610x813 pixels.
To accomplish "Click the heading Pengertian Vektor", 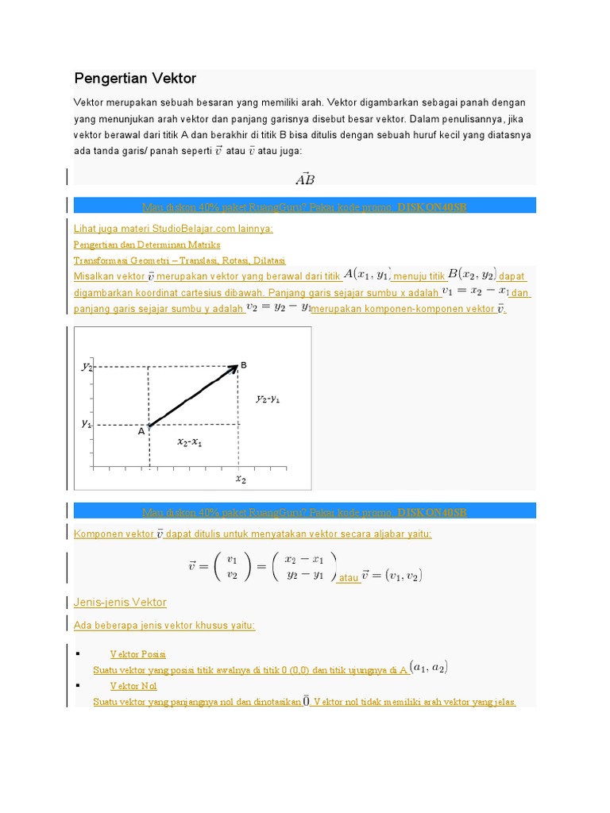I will (135, 79).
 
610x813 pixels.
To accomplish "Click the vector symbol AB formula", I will (305, 179).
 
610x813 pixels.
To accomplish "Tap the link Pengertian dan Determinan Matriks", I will (147, 245).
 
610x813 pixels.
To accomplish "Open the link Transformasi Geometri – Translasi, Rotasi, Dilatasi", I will (180, 260).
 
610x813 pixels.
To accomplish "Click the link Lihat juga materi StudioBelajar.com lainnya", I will (173, 229).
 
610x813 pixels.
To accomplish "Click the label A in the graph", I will (141, 431).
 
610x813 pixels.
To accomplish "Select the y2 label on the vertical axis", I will (87, 366).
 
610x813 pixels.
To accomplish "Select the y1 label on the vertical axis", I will (87, 424).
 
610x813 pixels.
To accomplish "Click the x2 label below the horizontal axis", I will (240, 480).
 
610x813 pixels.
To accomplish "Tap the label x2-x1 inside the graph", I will (189, 442).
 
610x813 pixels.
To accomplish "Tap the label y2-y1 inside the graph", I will (268, 399).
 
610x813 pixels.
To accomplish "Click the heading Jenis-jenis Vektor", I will (120, 603).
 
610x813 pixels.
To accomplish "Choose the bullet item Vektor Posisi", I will (137, 654).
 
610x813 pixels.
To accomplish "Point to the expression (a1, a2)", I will (429, 668).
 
